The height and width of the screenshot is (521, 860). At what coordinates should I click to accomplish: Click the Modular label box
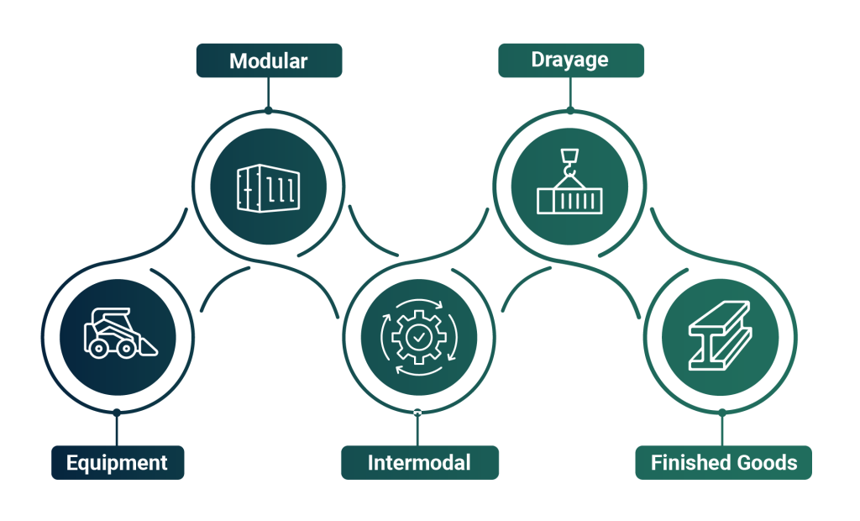tap(269, 61)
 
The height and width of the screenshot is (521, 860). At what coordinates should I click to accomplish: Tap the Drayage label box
tap(570, 61)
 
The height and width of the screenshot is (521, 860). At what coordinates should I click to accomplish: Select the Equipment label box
tap(117, 462)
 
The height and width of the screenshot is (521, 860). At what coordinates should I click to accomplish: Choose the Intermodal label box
tap(419, 462)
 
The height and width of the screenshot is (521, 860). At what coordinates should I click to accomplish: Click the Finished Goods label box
tap(723, 462)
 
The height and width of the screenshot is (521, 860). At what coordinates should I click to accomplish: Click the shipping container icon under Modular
tap(268, 187)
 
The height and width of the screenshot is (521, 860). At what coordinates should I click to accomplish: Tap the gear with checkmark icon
tap(418, 337)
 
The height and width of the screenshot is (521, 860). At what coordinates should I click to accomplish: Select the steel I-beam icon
tap(721, 337)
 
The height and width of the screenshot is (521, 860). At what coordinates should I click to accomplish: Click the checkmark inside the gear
tap(418, 337)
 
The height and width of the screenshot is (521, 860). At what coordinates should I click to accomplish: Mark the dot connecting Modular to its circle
tap(268, 110)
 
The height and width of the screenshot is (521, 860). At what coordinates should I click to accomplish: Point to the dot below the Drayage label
tap(570, 110)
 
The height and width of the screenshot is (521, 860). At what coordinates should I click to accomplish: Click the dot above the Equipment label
tap(117, 413)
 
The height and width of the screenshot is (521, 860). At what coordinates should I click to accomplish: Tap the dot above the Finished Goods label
tap(721, 413)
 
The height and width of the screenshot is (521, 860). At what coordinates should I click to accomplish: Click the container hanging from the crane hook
tap(569, 200)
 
